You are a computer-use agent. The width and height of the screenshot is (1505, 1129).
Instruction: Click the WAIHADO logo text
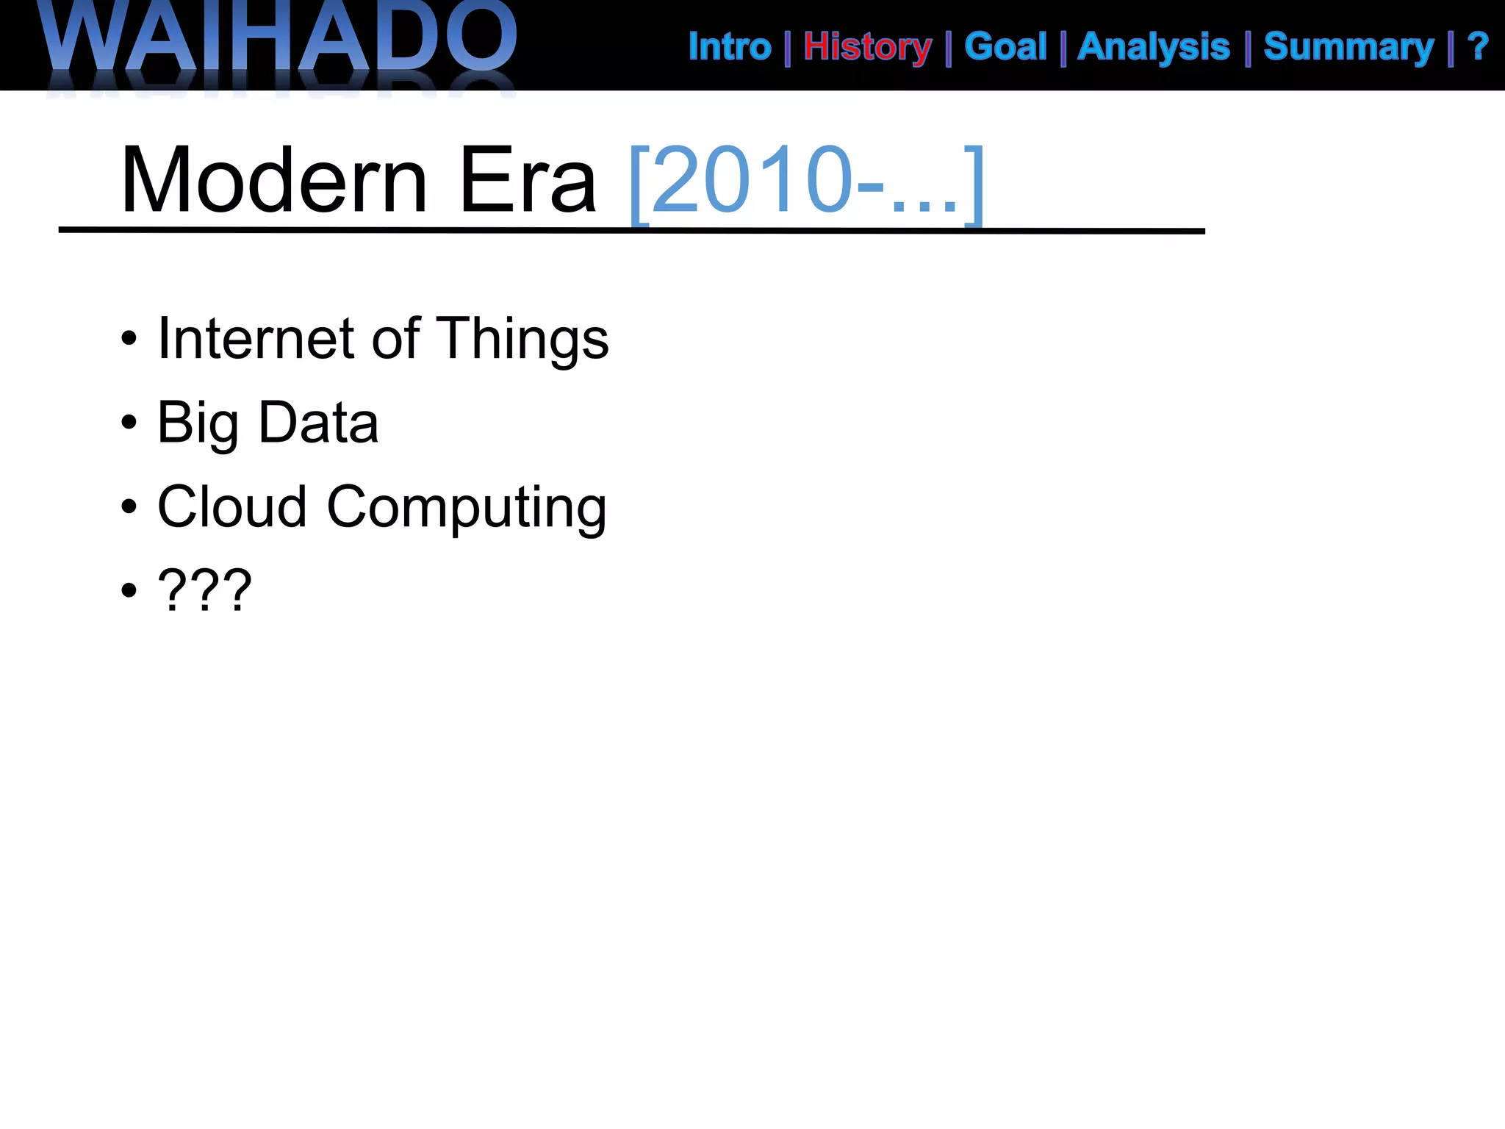[279, 37]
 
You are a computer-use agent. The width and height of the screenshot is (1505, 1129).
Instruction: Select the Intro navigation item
[729, 47]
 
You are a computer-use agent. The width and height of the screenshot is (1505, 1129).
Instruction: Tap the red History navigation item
[867, 48]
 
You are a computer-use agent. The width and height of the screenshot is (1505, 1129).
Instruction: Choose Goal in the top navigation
[1005, 47]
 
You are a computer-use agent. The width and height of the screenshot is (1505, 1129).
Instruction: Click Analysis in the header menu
[1153, 48]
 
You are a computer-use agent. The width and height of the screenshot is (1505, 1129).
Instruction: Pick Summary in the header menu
[1348, 48]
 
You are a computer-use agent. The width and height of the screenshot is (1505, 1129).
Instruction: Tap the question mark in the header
[1478, 47]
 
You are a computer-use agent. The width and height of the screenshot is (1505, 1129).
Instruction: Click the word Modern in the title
[274, 180]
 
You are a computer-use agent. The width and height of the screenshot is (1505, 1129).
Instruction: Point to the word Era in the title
[527, 180]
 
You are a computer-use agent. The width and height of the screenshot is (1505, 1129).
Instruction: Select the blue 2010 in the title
[751, 180]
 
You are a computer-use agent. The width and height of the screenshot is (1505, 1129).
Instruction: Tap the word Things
[522, 340]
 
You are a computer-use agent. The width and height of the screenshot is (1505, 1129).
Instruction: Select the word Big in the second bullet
[197, 424]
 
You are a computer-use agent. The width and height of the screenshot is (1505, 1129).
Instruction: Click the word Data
[318, 423]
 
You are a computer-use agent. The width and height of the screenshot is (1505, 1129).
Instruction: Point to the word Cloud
[232, 506]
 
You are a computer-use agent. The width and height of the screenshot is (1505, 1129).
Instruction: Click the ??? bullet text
[205, 590]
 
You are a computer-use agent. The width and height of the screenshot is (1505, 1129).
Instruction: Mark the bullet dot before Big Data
[129, 423]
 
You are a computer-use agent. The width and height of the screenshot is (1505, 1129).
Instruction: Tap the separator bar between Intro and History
[787, 49]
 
